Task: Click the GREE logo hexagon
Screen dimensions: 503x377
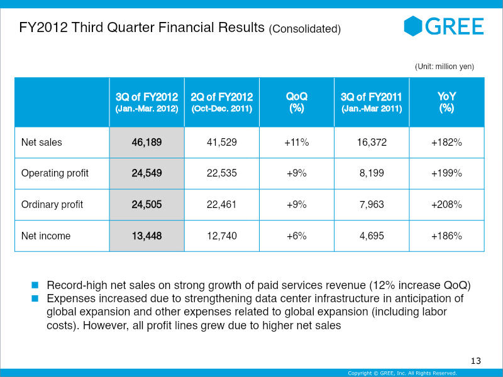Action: [413, 26]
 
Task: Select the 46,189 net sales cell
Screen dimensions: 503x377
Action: [146, 142]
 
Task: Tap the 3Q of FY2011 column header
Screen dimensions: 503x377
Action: [372, 102]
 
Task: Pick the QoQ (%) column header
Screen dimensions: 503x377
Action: [297, 102]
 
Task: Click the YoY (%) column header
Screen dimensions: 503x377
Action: [446, 102]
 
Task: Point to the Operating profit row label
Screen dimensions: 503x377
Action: [55, 173]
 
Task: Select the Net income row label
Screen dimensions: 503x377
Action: [46, 236]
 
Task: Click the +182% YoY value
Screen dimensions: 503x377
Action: [446, 142]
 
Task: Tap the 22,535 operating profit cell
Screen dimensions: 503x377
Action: [222, 173]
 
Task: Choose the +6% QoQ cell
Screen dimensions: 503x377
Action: [297, 236]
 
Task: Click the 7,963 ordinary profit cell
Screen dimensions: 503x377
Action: [372, 204]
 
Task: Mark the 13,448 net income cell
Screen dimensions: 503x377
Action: [146, 236]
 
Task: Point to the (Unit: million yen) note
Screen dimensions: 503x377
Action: [445, 67]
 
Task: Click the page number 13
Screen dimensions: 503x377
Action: [476, 361]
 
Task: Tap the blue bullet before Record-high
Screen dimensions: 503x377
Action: [35, 285]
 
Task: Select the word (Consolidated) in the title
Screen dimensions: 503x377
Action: [305, 29]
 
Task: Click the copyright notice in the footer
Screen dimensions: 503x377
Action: [402, 373]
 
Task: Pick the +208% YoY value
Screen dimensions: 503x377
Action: [446, 204]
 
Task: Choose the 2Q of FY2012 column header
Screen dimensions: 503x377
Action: [222, 102]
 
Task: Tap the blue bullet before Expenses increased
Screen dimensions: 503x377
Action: [35, 298]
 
